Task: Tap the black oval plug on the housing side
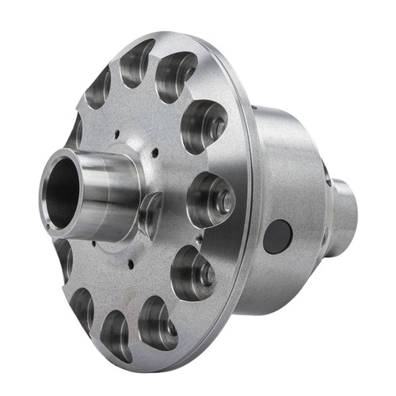pyautogui.click(x=277, y=236)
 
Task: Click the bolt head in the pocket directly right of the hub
pyautogui.click(x=224, y=200)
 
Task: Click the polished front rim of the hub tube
pyautogui.click(x=48, y=190)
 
